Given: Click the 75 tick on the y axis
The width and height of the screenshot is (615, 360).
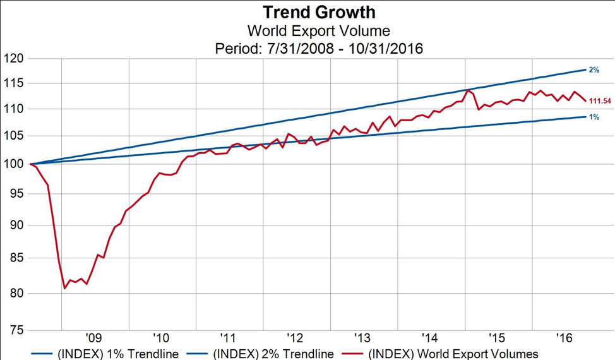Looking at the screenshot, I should point(16,330).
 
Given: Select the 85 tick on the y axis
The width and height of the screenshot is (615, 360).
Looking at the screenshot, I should point(16,258).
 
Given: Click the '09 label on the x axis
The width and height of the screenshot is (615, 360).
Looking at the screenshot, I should point(93,337).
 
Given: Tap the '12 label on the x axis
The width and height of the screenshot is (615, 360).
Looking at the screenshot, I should point(294,337).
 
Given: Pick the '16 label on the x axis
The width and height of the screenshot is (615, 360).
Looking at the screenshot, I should point(563,337).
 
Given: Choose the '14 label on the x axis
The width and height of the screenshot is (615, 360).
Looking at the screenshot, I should point(429,337).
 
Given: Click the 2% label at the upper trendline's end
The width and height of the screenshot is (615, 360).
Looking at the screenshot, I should point(594,69).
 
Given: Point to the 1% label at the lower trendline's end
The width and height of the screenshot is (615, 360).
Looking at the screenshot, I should point(594,117).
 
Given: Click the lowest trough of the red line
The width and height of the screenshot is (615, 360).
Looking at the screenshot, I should point(65,289).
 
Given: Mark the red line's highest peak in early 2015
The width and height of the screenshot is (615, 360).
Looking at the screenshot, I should point(467,90).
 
